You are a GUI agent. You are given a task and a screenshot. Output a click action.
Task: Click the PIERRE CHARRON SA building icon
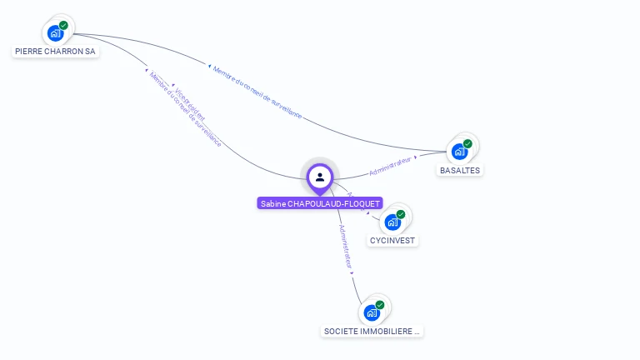pyautogui.click(x=55, y=33)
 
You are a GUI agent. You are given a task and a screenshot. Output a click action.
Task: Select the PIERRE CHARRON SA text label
pyautogui.click(x=56, y=51)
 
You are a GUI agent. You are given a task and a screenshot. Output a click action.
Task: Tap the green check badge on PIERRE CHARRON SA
pyautogui.click(x=63, y=25)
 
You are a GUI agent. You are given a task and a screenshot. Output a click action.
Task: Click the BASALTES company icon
pyautogui.click(x=458, y=152)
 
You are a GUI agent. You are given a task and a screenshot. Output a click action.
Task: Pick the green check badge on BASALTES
pyautogui.click(x=467, y=143)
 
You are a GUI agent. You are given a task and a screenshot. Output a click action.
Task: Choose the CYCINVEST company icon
pyautogui.click(x=392, y=222)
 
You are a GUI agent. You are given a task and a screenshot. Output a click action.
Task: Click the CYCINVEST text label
pyautogui.click(x=393, y=241)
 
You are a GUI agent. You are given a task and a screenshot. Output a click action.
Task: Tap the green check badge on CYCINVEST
pyautogui.click(x=401, y=214)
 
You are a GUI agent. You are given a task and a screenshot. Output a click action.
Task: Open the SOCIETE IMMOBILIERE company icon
pyautogui.click(x=372, y=313)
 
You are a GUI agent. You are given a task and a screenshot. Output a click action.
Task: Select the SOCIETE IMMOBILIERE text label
pyautogui.click(x=372, y=331)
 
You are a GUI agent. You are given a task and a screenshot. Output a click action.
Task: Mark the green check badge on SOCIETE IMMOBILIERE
pyautogui.click(x=380, y=305)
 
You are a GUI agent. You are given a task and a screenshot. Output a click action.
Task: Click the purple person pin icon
pyautogui.click(x=320, y=177)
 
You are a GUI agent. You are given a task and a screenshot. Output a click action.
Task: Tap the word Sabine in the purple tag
pyautogui.click(x=272, y=203)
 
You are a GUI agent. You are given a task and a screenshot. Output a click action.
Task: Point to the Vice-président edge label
pyautogui.click(x=189, y=103)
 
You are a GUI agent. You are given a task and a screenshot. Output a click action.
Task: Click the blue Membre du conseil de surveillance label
pyautogui.click(x=257, y=91)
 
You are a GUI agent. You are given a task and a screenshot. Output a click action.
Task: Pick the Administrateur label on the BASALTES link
pyautogui.click(x=392, y=166)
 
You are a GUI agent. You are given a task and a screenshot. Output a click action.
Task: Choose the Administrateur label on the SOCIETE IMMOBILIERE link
pyautogui.click(x=346, y=245)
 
